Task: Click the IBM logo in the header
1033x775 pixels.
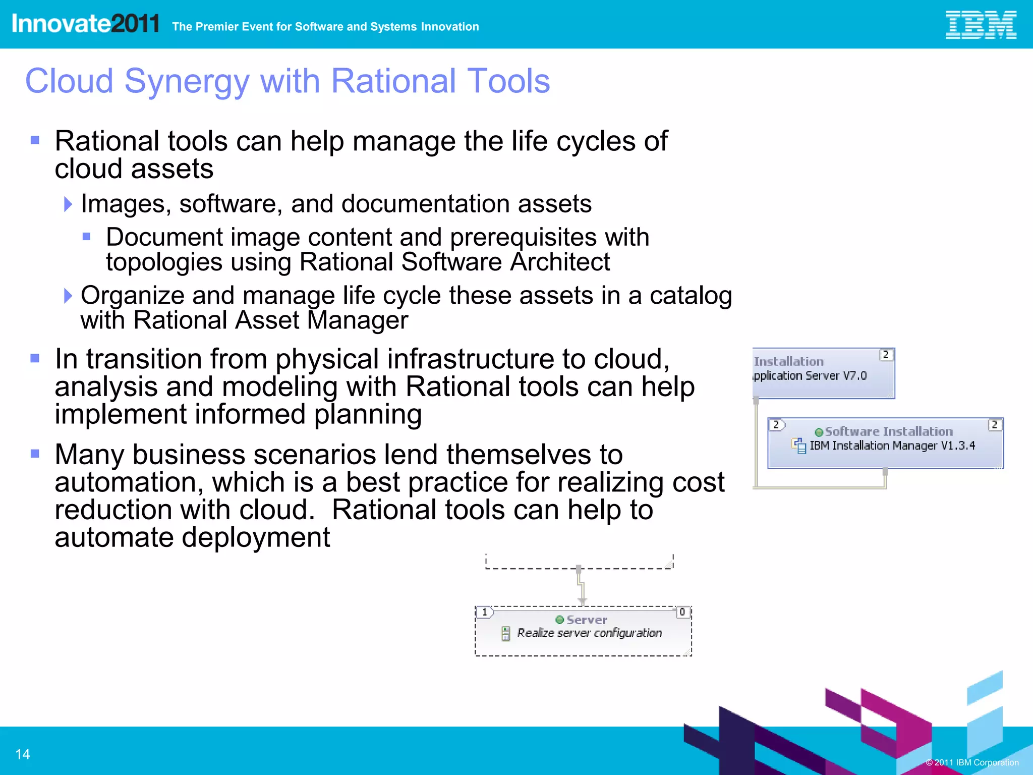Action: coord(980,25)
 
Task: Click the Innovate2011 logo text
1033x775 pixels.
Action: coord(85,24)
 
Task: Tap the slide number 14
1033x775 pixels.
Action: coord(23,754)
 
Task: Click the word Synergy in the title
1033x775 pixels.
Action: coord(187,81)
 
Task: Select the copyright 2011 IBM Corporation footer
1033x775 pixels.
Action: coord(972,762)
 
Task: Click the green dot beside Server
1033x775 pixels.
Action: coord(559,620)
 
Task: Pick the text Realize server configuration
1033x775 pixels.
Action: coord(589,633)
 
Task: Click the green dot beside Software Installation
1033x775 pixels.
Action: coord(819,432)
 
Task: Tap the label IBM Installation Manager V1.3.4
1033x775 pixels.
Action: coord(892,446)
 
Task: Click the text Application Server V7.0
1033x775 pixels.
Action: coord(810,376)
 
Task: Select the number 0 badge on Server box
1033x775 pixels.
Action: coord(682,612)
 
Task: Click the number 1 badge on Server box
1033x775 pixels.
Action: coord(485,612)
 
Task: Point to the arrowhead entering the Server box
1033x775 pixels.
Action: coord(582,601)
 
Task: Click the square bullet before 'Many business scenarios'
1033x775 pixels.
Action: coord(35,454)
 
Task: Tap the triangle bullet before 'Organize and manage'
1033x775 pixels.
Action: coord(68,296)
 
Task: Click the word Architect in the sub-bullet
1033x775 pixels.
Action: coord(559,262)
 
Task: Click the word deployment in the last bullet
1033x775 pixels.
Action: coord(256,537)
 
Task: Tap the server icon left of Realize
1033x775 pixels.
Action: coord(505,634)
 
